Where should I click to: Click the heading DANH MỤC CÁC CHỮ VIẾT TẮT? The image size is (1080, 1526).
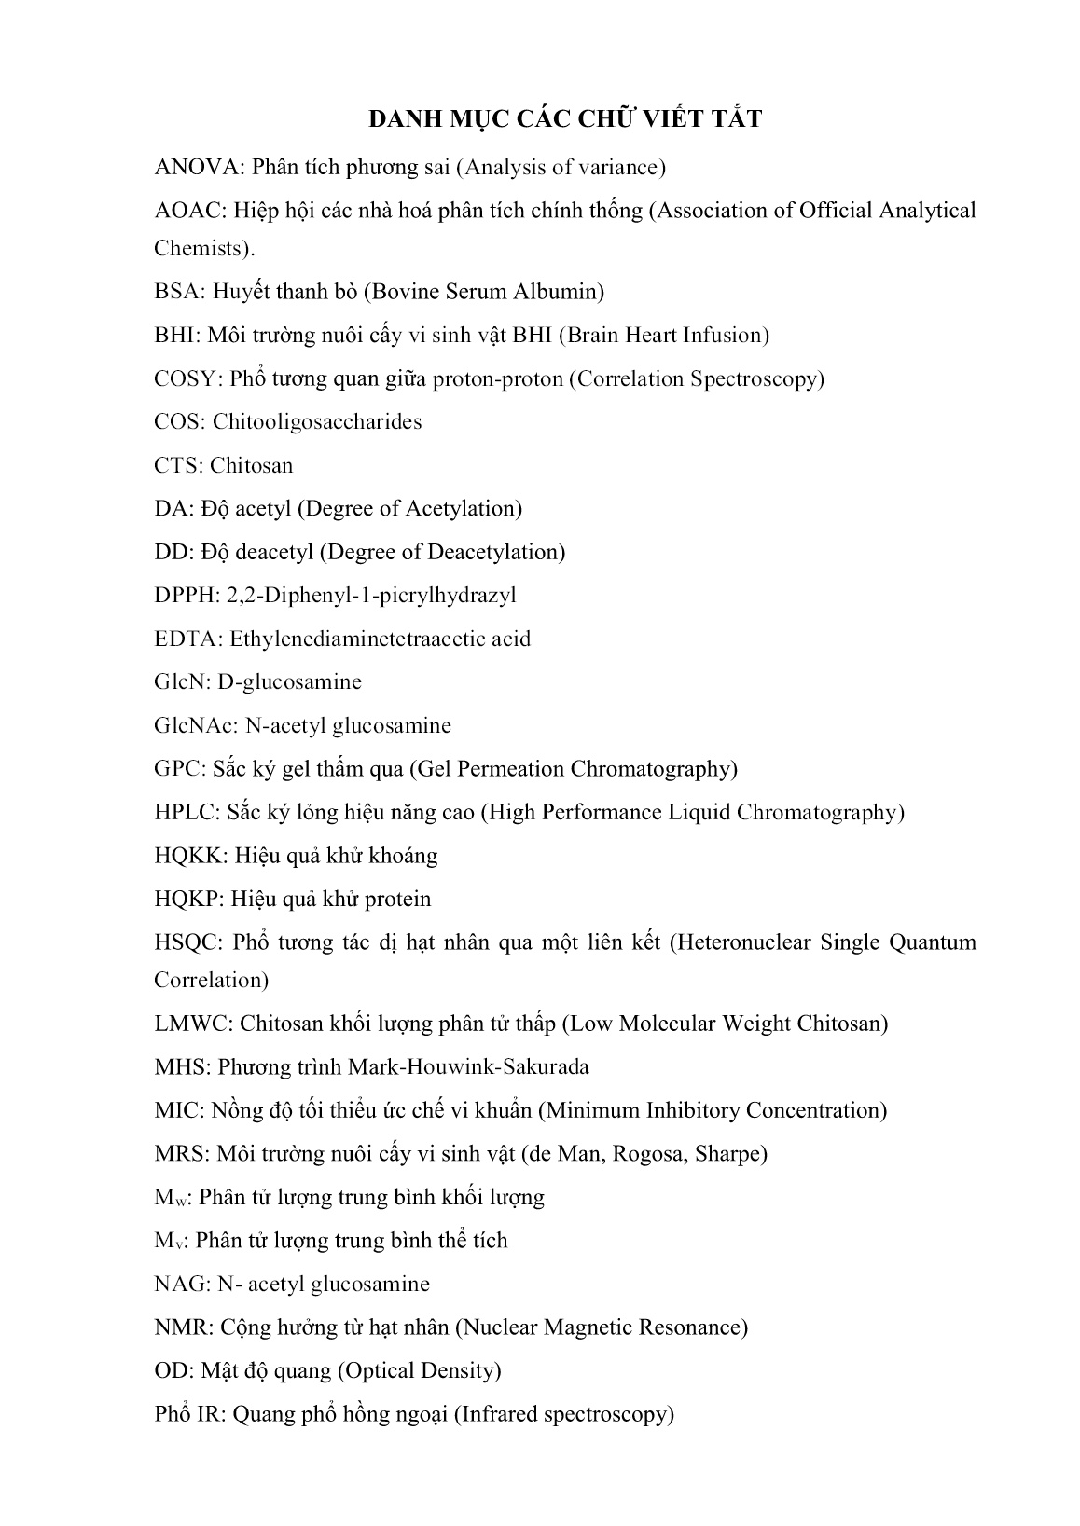point(565,119)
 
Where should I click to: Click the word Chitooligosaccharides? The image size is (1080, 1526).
point(317,422)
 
